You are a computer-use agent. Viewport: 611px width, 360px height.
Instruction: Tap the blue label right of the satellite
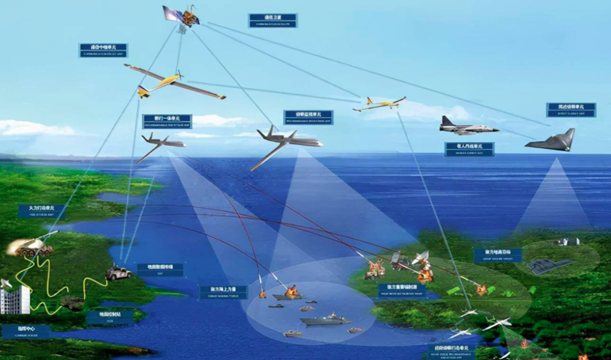tap(273, 20)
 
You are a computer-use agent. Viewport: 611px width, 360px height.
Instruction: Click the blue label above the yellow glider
tap(103, 50)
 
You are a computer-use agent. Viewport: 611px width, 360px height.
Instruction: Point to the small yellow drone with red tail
tap(378, 104)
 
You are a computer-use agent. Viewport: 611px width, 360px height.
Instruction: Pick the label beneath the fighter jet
tap(469, 149)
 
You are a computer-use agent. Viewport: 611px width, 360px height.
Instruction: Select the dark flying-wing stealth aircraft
tap(551, 142)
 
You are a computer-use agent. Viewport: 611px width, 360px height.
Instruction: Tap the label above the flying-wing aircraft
tap(571, 109)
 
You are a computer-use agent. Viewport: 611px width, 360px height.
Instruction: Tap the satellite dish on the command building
tap(6, 282)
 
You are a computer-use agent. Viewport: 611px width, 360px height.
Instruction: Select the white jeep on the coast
tap(118, 273)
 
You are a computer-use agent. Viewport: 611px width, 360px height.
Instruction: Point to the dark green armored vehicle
tap(72, 303)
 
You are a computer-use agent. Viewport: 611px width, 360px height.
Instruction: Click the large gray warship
tap(325, 320)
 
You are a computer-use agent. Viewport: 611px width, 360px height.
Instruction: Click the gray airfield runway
tap(550, 266)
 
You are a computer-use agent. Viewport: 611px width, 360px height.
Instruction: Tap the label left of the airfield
tap(498, 254)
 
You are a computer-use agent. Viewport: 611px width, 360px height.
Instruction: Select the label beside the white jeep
tap(160, 269)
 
